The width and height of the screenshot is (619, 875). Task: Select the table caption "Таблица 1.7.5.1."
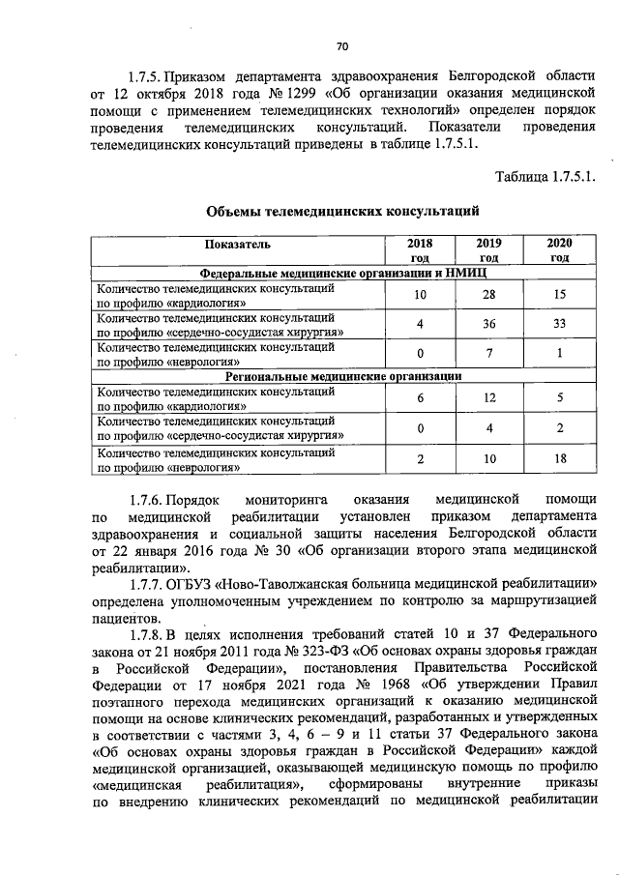(545, 176)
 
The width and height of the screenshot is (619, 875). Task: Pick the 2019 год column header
(488, 249)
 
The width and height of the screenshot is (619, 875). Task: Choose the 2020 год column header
(559, 249)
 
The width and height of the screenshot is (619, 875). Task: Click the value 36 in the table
(488, 324)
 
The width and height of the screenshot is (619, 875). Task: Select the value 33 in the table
(559, 324)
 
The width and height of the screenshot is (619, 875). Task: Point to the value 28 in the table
(488, 294)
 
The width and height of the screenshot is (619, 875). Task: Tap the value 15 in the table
(559, 294)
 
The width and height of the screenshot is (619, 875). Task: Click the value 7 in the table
(488, 353)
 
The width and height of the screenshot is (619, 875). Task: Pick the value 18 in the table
(559, 459)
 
